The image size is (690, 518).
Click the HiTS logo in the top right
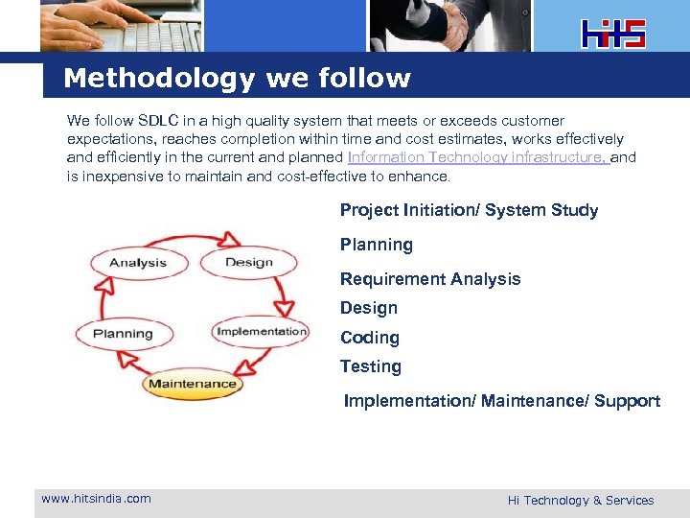click(613, 33)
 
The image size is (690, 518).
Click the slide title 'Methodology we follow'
click(237, 79)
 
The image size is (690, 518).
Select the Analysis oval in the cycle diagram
click(138, 263)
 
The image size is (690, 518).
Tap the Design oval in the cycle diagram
click(248, 263)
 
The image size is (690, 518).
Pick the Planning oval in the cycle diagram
click(123, 334)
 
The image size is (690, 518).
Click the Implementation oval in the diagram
click(261, 332)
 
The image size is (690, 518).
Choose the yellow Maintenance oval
click(192, 384)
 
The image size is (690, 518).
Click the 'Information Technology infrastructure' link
click(478, 157)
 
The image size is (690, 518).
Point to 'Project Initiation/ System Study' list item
click(469, 210)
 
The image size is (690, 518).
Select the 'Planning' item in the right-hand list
click(376, 245)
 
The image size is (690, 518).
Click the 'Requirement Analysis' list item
click(430, 279)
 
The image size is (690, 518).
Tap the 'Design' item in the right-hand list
click(368, 308)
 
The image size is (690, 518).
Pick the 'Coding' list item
click(369, 338)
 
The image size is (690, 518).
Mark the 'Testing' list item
click(370, 366)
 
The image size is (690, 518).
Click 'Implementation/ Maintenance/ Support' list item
click(501, 401)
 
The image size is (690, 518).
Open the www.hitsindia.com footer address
click(96, 498)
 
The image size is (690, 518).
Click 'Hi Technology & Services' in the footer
click(580, 500)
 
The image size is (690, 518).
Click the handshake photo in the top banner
click(448, 25)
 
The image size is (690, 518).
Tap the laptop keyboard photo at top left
click(121, 25)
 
